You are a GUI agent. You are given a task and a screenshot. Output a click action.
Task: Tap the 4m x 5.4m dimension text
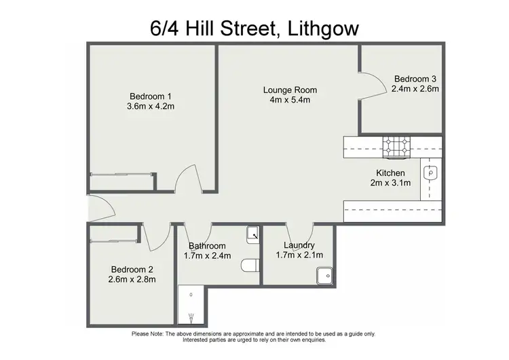[290, 101]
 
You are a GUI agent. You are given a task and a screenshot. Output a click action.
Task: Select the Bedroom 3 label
[416, 78]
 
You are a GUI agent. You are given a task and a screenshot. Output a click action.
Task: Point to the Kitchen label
[391, 173]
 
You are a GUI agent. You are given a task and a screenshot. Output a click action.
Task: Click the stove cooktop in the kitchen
[397, 145]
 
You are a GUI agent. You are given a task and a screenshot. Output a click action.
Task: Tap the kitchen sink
[432, 173]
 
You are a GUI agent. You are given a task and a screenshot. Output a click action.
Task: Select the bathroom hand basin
[252, 234]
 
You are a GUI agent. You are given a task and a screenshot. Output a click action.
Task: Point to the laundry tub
[325, 276]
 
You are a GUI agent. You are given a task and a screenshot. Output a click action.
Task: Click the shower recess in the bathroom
[191, 306]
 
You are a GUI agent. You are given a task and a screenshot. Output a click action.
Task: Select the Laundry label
[299, 245]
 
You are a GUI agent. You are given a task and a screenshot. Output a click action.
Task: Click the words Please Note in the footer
[148, 334]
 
